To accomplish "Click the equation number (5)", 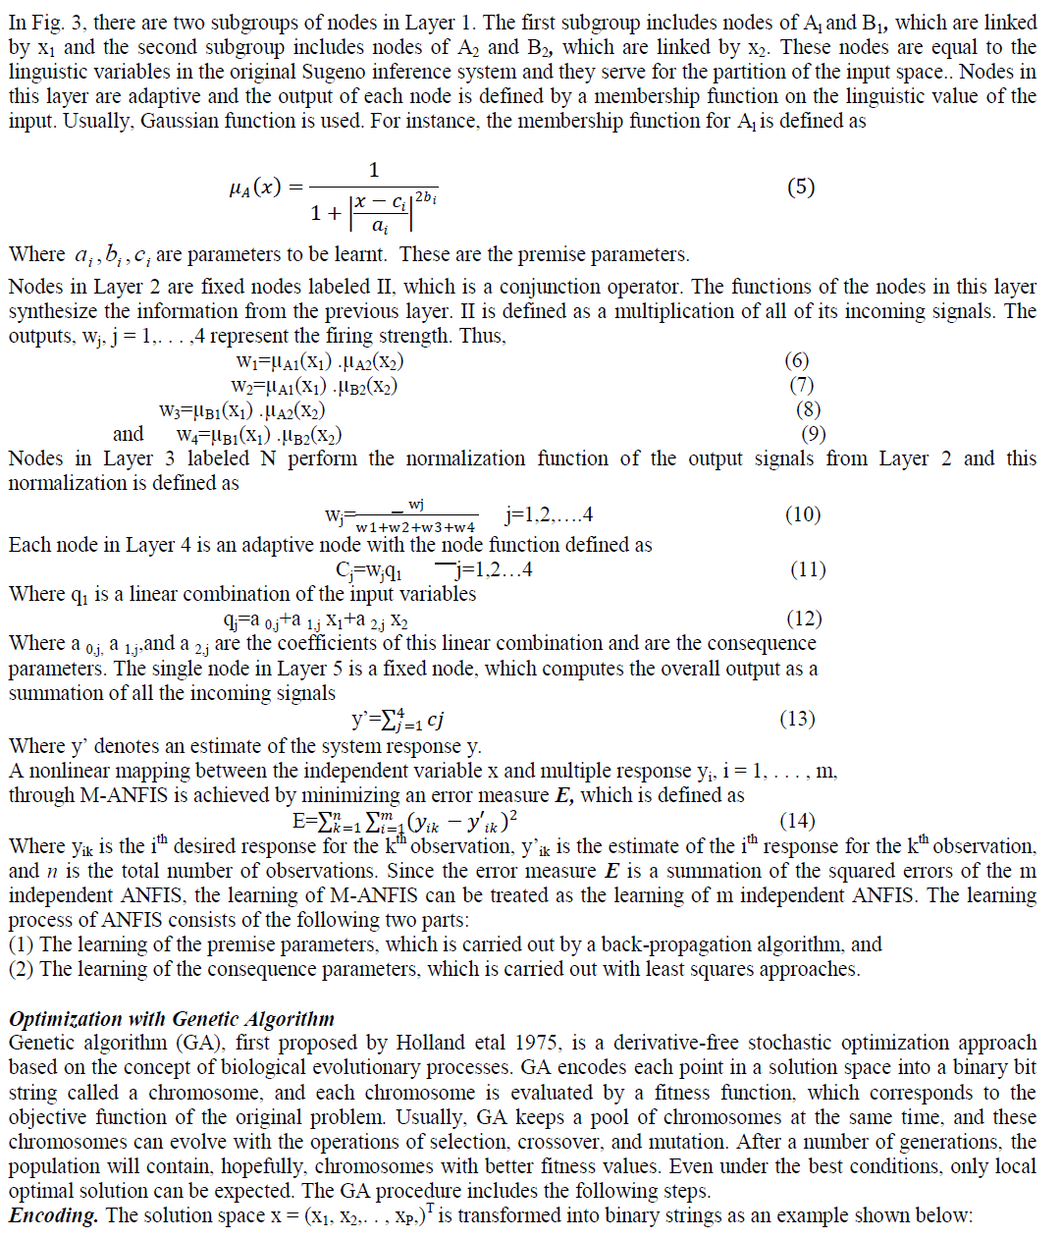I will coord(801,187).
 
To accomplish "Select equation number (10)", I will coord(802,514).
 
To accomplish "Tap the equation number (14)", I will coord(797,821).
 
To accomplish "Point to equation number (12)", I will coord(804,619).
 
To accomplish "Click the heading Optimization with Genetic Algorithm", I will coord(172,1019).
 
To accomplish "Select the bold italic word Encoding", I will coord(54,1215).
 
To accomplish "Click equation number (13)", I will coord(797,719).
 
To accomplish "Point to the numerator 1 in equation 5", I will coord(373,170).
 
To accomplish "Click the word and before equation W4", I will coord(128,434).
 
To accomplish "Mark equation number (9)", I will coord(814,434).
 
